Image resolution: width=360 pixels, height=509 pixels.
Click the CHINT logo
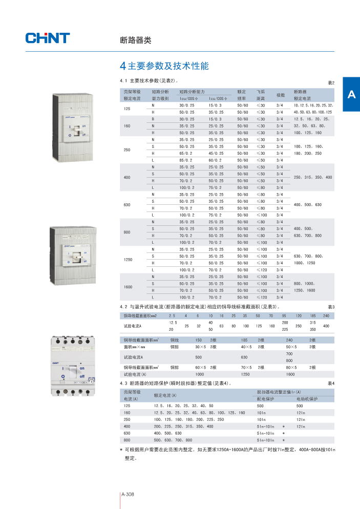tap(48, 38)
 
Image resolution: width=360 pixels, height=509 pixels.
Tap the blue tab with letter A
tap(351, 94)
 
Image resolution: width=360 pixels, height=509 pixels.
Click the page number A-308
tap(128, 494)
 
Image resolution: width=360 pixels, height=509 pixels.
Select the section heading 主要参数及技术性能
tap(168, 67)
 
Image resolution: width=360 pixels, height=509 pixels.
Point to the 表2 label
tap(330, 82)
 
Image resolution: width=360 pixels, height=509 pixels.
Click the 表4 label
tap(330, 383)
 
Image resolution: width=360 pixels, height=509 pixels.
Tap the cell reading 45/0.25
tap(216, 153)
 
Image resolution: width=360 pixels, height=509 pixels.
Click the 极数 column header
tap(281, 95)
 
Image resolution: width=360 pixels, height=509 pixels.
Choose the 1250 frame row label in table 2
tap(128, 260)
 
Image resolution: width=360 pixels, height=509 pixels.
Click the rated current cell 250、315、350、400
tap(312, 177)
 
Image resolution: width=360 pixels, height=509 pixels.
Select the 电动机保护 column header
tap(307, 398)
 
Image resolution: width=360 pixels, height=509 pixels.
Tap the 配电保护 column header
tap(266, 398)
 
